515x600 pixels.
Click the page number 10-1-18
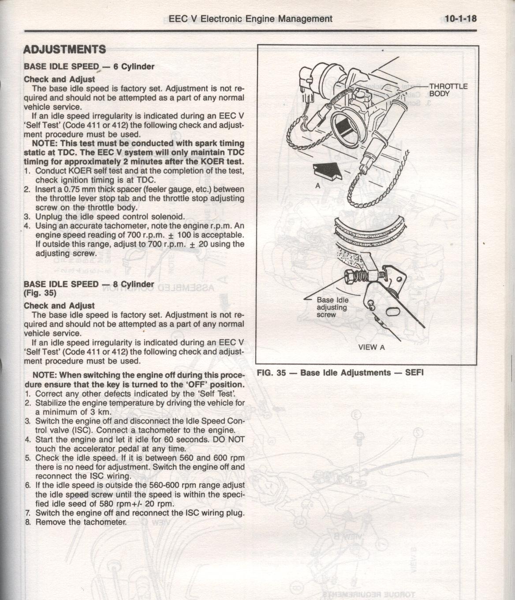[460, 19]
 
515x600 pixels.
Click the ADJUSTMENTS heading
[64, 49]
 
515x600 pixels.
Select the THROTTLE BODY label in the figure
[448, 90]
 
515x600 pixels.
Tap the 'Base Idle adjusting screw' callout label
[332, 307]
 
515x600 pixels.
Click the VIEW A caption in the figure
[371, 347]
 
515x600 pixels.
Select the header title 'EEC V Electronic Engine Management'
[250, 19]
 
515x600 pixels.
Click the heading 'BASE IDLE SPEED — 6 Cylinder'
[89, 67]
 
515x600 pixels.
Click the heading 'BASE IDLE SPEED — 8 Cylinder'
[89, 284]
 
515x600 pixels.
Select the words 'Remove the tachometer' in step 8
[81, 522]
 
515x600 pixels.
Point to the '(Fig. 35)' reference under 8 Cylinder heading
[40, 293]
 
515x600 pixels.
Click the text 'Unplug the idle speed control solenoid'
[110, 217]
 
